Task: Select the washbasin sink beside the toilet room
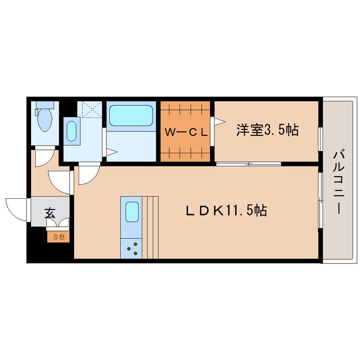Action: coord(71,131)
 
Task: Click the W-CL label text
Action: coord(186,132)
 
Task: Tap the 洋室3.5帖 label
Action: coord(267,130)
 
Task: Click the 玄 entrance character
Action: coord(50,213)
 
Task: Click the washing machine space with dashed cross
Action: coord(90,109)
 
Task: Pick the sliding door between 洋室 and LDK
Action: coord(248,164)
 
